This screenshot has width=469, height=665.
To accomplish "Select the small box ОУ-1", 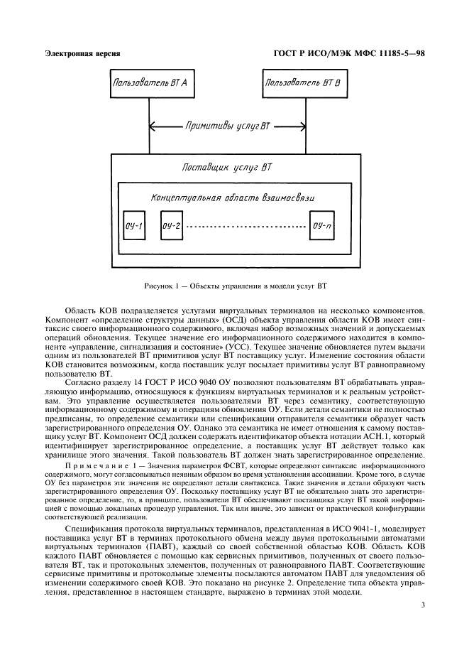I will [133, 227].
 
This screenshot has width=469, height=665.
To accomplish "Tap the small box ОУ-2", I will [171, 227].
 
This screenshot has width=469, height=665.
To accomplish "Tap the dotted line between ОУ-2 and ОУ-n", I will [246, 227].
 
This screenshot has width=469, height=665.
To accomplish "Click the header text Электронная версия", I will [82, 53].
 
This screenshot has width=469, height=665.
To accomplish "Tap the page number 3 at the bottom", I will [422, 605].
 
